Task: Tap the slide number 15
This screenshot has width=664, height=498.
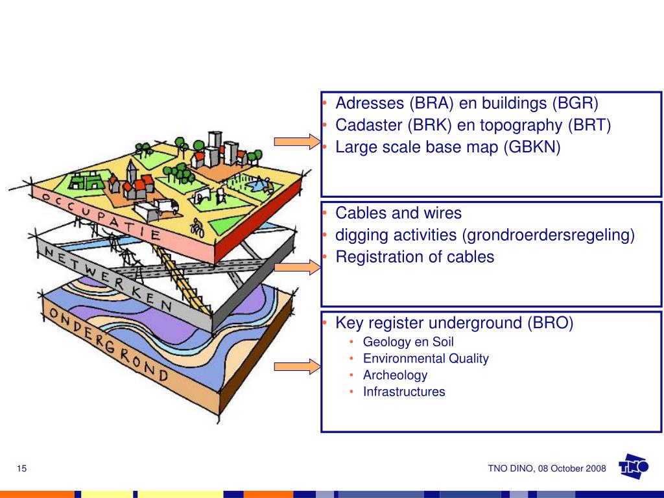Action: click(21, 468)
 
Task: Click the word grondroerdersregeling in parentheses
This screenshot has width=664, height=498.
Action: click(549, 235)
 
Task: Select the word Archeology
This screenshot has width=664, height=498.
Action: click(395, 375)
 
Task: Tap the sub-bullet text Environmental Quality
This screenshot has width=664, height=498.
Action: click(425, 359)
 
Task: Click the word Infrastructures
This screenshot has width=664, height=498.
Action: click(404, 392)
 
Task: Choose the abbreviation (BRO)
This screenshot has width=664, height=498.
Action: click(551, 323)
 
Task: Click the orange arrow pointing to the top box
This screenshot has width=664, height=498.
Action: click(297, 141)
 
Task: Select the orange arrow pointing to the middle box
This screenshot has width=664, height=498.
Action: click(297, 267)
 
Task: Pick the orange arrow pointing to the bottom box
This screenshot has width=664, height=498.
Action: click(297, 366)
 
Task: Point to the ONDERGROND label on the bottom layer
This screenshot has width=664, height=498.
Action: click(109, 344)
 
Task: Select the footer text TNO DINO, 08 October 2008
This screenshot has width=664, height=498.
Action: click(547, 468)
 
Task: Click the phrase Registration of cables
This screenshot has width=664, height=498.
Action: click(414, 257)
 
